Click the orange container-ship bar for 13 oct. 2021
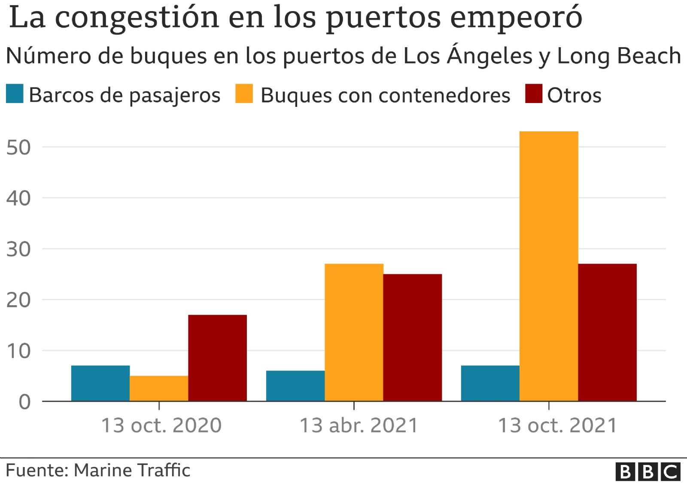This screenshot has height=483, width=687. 549,266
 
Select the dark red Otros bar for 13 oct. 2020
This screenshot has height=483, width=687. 217,358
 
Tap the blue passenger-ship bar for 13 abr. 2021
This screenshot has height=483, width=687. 295,386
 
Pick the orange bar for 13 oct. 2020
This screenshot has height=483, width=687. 159,389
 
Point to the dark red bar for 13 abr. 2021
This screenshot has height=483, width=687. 413,337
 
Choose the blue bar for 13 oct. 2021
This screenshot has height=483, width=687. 490,383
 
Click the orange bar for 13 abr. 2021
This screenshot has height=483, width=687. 354,333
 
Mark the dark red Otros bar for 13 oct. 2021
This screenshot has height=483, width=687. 607,333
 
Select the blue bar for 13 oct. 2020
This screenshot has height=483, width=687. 100,383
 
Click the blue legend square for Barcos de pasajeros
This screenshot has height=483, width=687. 15,94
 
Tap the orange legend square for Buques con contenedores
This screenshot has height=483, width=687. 244,94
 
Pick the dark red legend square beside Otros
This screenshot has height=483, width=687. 534,94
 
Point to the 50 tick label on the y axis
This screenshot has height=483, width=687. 18,148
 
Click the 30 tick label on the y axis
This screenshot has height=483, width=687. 18,249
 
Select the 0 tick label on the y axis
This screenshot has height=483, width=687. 24,402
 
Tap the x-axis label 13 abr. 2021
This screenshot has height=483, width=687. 359,425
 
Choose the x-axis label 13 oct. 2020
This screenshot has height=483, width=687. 161,425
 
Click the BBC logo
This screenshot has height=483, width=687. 648,471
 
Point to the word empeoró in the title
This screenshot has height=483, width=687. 516,18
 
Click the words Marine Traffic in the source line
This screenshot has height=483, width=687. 132,471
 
